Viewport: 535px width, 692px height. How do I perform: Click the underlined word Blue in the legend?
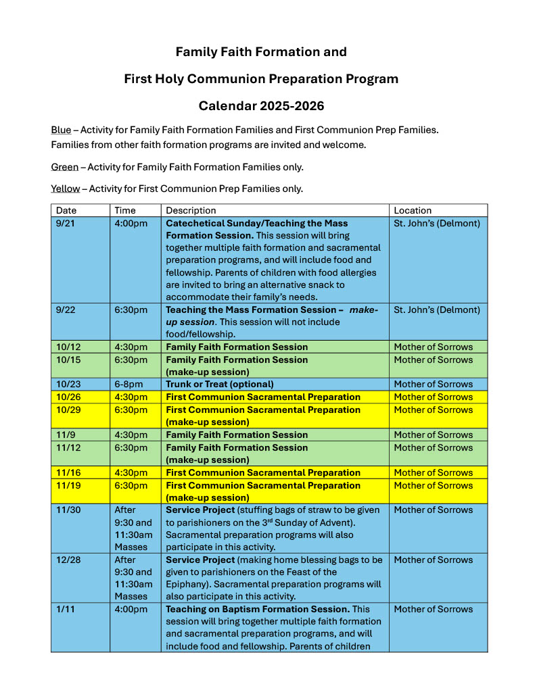(x=61, y=130)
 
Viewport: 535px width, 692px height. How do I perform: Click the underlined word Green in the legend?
(x=64, y=167)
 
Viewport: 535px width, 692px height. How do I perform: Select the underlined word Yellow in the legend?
(x=65, y=189)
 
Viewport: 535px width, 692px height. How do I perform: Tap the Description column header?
(x=191, y=210)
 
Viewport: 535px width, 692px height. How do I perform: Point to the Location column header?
(x=413, y=210)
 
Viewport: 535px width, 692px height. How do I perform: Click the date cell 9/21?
(x=66, y=223)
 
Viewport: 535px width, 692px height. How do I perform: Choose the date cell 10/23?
(x=68, y=384)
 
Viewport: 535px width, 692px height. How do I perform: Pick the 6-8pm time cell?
(x=129, y=384)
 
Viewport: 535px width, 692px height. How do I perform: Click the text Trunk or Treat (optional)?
(x=219, y=384)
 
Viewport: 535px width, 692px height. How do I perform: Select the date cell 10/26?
(x=68, y=397)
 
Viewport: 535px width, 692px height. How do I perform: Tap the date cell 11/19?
(x=68, y=485)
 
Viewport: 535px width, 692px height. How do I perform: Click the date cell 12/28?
(x=68, y=560)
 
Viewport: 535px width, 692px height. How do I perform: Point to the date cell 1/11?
(x=65, y=609)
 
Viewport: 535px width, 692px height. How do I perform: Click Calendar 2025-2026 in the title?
(x=261, y=106)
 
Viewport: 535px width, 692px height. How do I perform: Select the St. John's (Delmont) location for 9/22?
(x=437, y=310)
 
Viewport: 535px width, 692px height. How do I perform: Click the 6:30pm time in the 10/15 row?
(x=131, y=360)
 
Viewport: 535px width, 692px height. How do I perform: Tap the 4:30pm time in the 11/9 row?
(x=131, y=435)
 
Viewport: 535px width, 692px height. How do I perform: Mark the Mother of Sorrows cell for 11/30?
(x=433, y=510)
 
